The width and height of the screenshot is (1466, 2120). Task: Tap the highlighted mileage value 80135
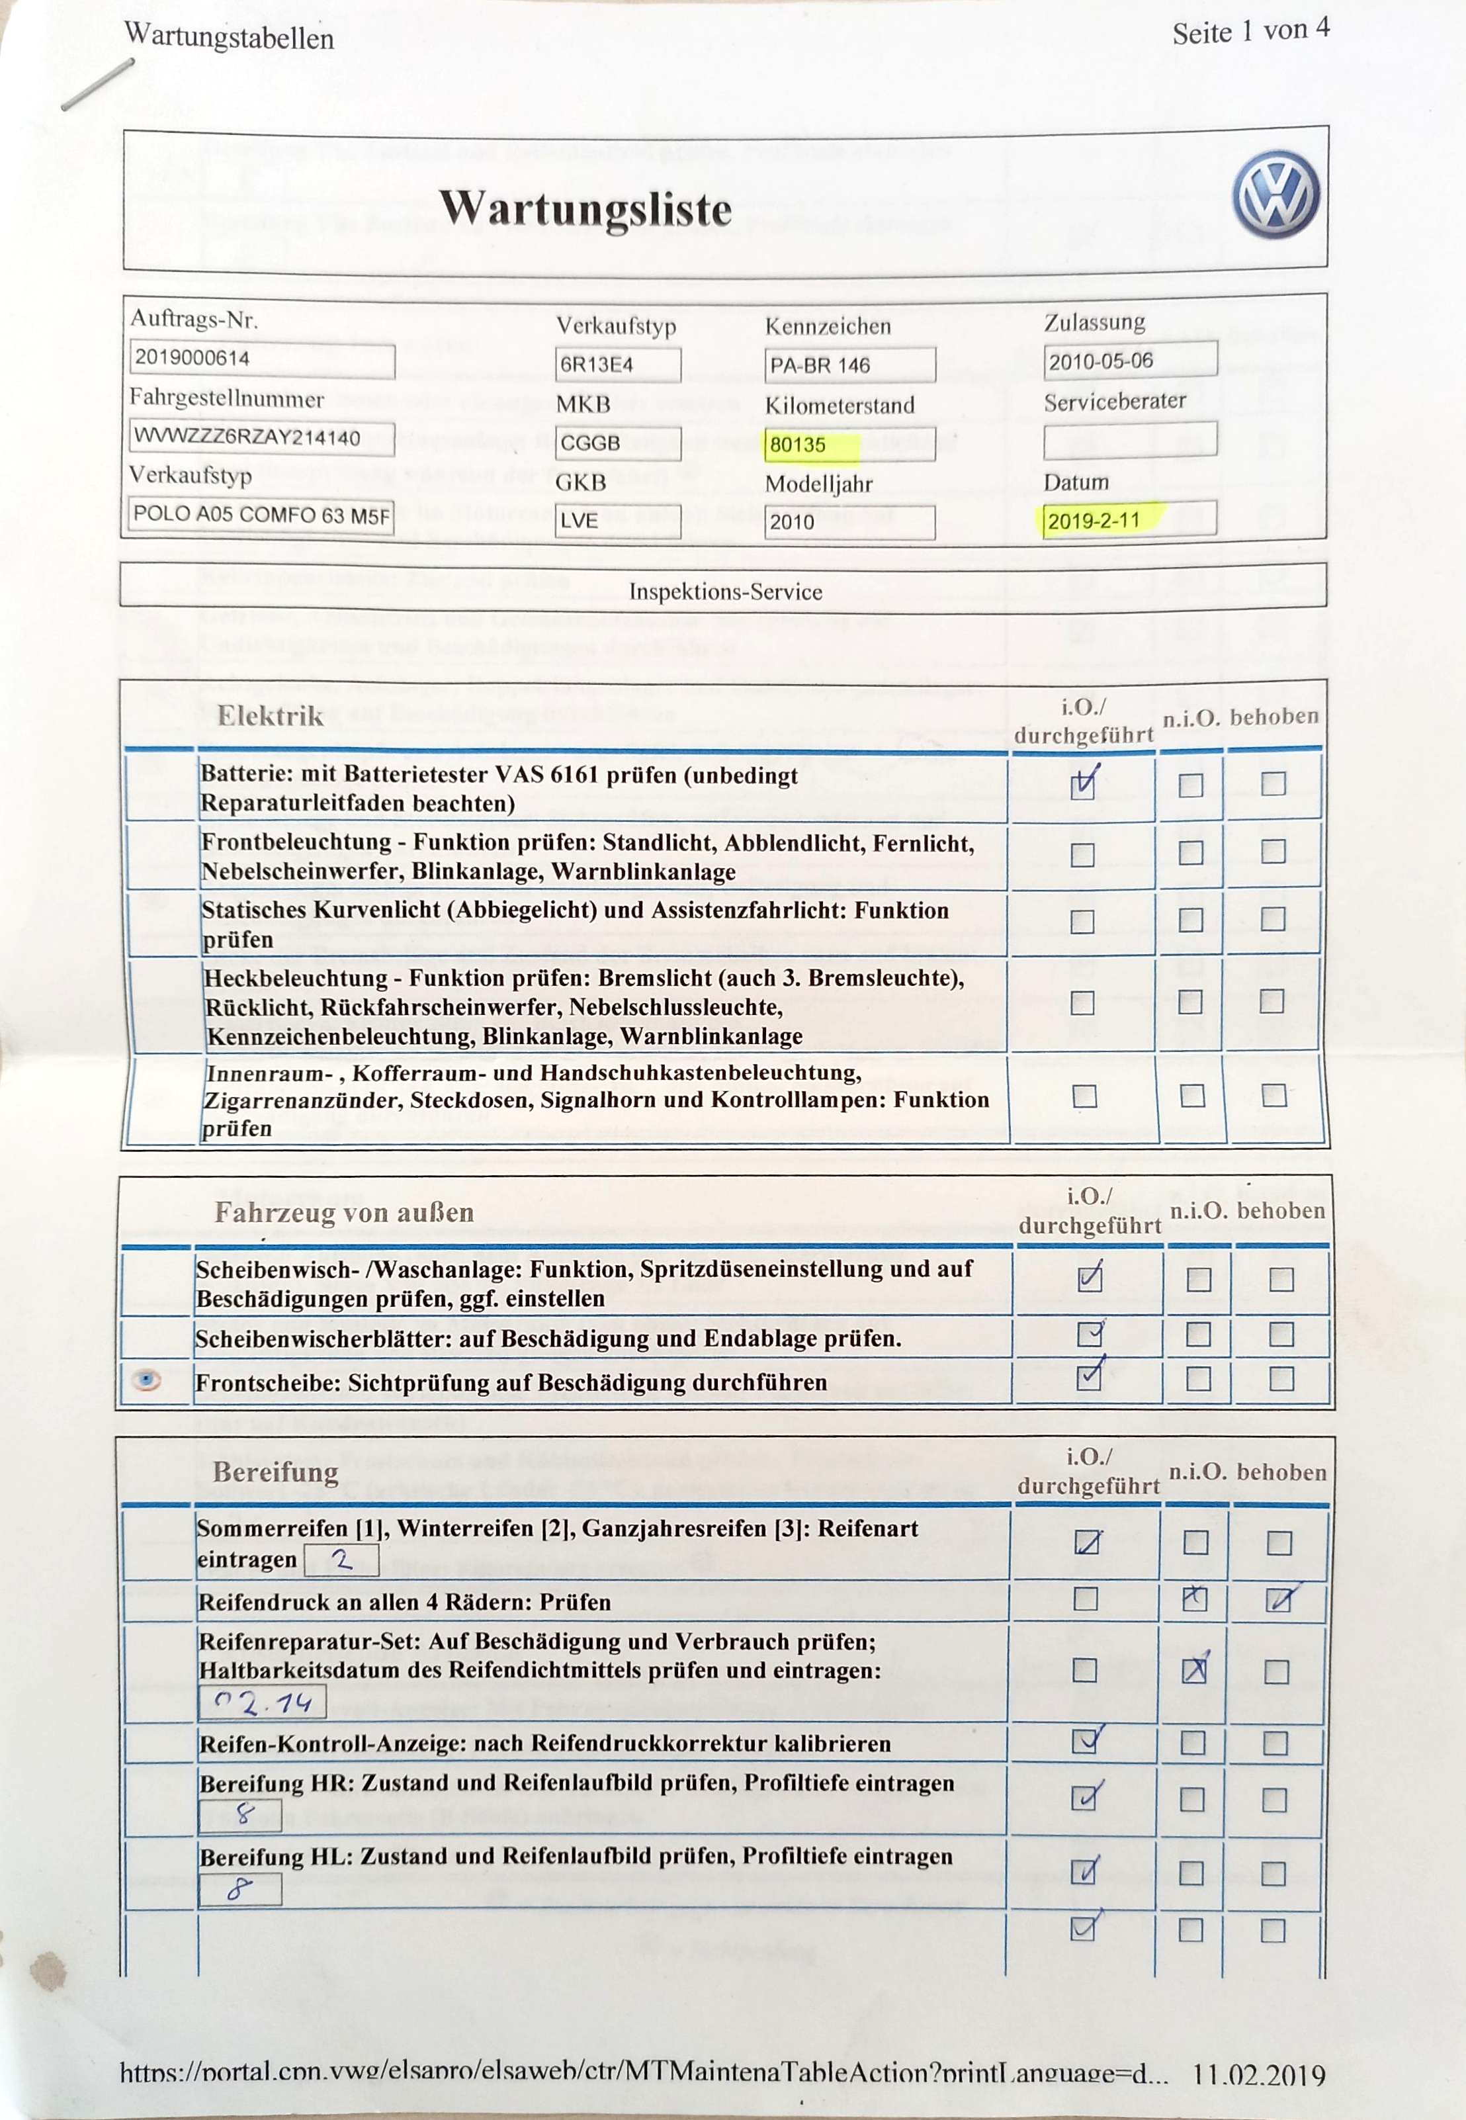798,445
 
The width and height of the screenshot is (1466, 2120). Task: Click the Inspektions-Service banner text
725,592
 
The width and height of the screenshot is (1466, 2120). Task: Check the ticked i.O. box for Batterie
1083,785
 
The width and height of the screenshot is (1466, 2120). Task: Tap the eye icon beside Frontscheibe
147,1380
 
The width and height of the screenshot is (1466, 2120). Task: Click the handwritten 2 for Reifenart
342,1560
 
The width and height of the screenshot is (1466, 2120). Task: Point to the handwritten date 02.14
262,1704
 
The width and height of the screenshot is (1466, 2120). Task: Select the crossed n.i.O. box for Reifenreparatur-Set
1193,1671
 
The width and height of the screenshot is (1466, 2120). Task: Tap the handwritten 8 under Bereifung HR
243,1813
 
